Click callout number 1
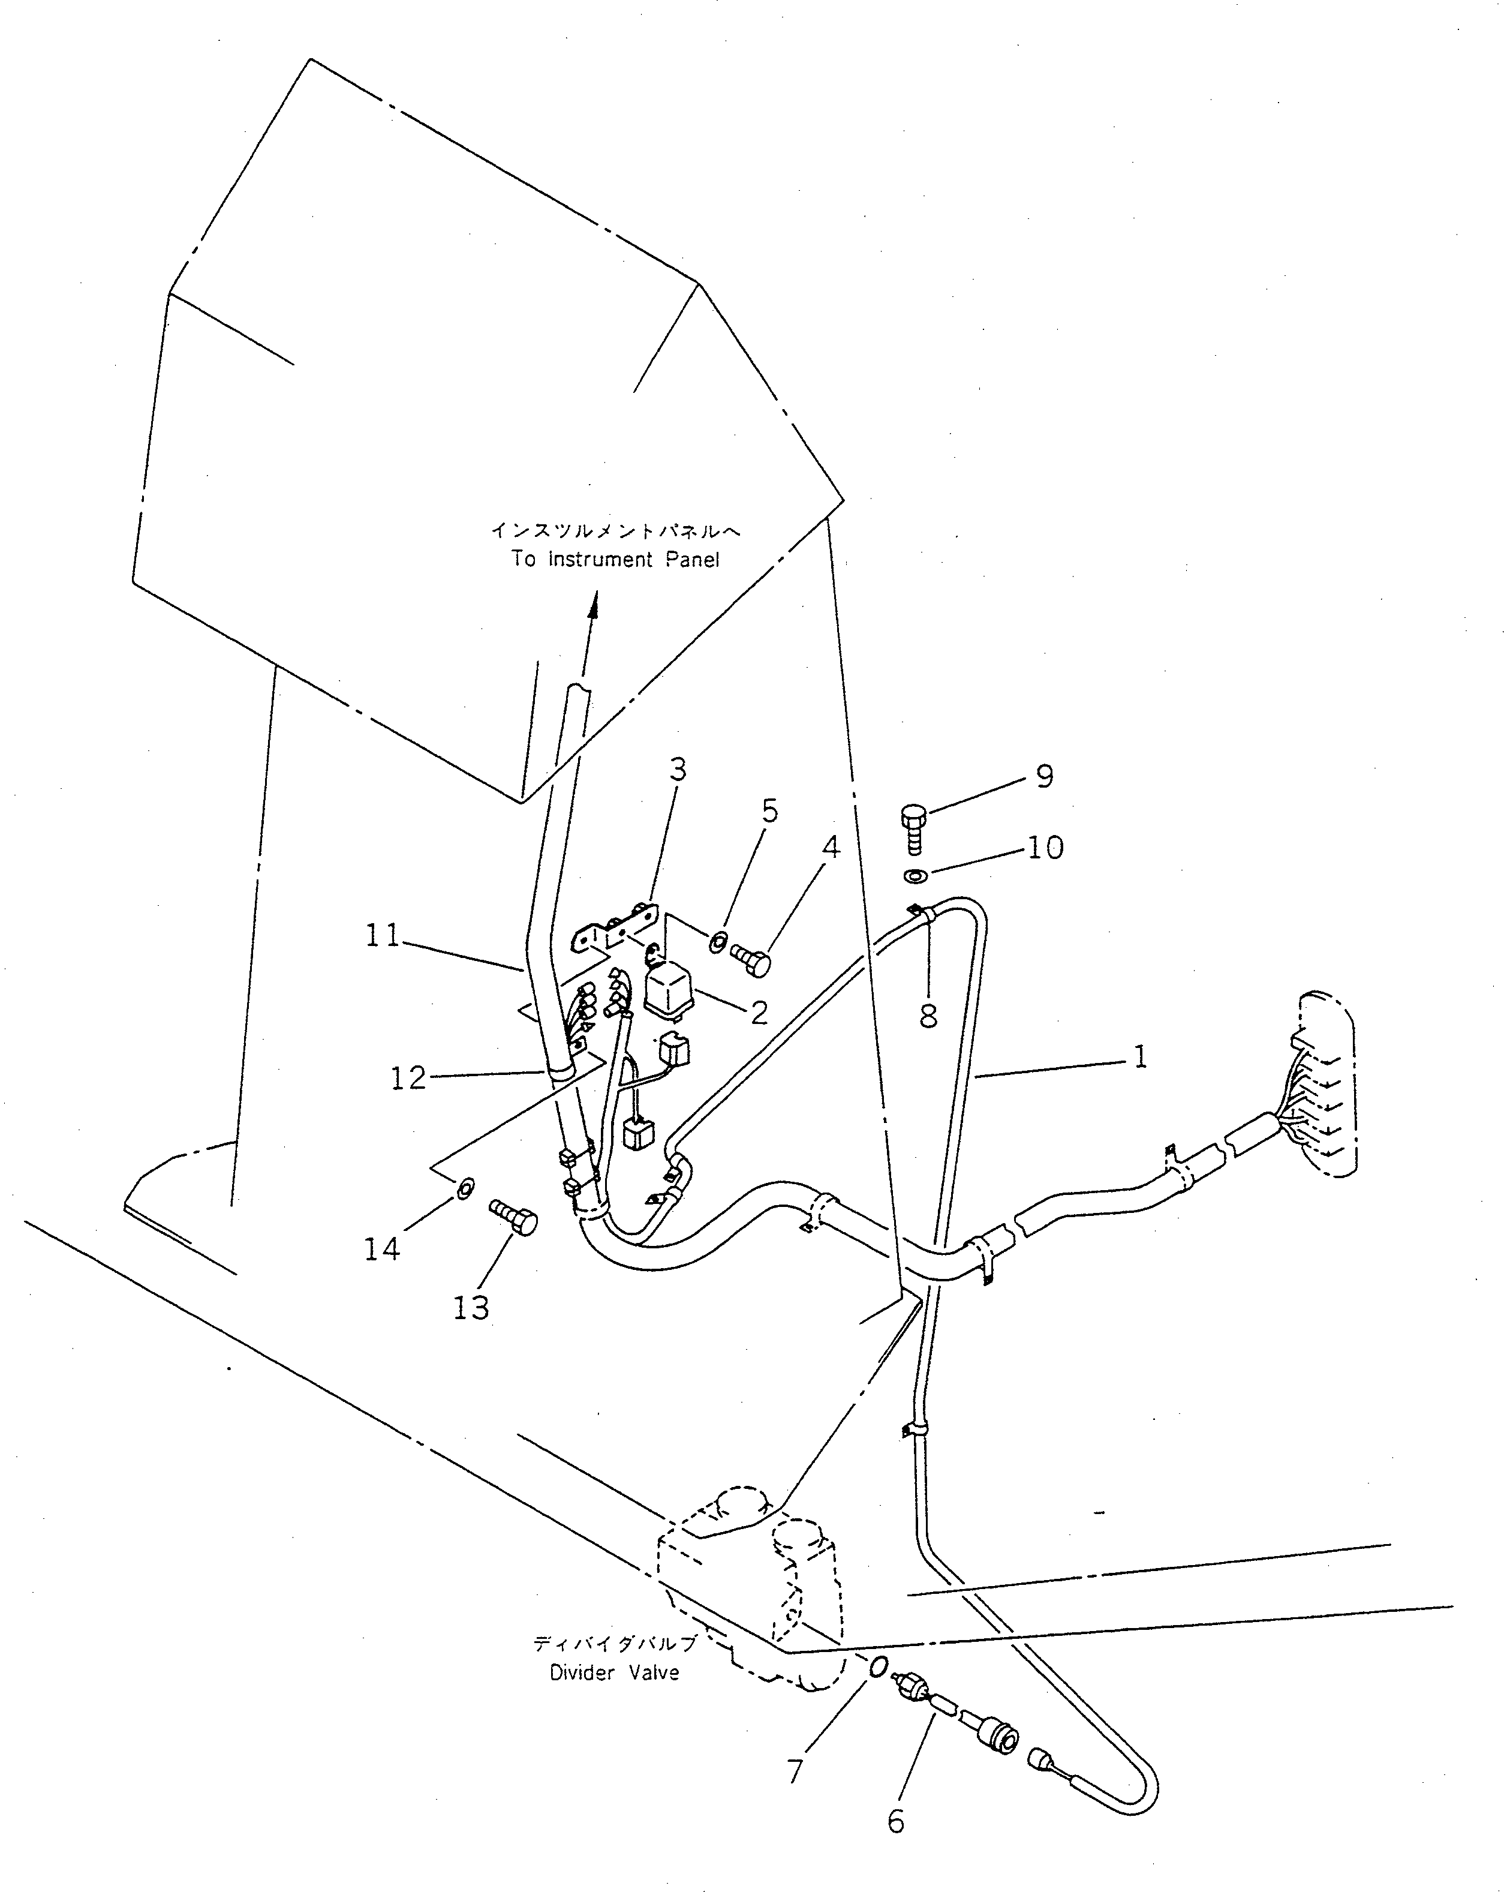tap(1140, 1056)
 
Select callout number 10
tap(1045, 848)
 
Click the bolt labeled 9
tap(913, 827)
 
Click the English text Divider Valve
tap(614, 1672)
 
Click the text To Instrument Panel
tap(615, 560)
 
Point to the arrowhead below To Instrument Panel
tap(593, 605)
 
